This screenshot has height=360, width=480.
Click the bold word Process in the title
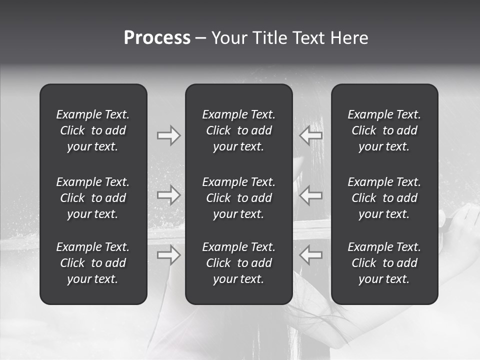click(x=157, y=38)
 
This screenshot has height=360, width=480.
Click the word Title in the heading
click(x=267, y=38)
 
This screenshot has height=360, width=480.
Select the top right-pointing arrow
click(x=168, y=135)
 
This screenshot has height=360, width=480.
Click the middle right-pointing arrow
click(x=168, y=195)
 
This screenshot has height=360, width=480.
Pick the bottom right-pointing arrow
click(x=168, y=255)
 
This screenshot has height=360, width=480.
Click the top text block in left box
click(x=93, y=130)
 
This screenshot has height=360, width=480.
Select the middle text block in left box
click(x=93, y=198)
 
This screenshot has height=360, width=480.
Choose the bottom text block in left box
click(x=93, y=263)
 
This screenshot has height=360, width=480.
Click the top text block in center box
click(x=239, y=130)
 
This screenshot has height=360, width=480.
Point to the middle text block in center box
click(x=239, y=198)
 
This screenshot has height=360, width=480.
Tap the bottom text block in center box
click(x=239, y=263)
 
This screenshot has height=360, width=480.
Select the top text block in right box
click(x=384, y=130)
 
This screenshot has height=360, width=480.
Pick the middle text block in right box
click(x=384, y=198)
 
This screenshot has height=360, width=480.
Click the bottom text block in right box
click(x=384, y=263)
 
